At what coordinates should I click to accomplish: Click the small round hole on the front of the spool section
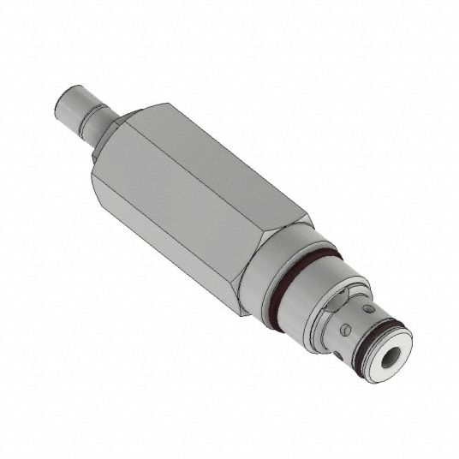pyautogui.click(x=369, y=308)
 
